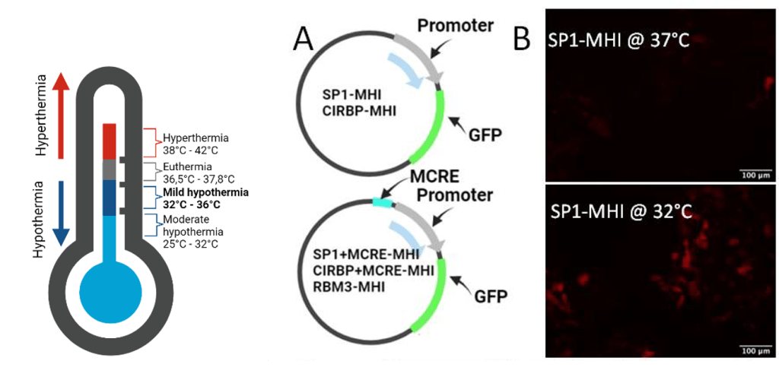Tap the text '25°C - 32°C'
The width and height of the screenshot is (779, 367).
coord(192,243)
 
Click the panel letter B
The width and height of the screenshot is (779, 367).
coord(521,39)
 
